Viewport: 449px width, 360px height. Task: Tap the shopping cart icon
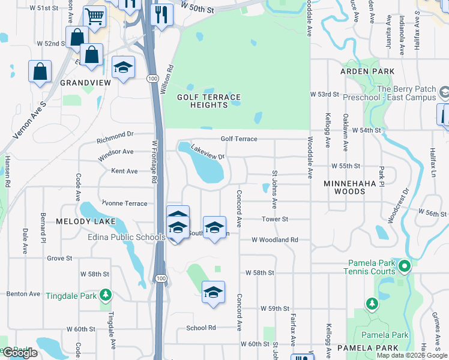[94, 16]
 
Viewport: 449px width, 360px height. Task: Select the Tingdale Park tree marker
[106, 294]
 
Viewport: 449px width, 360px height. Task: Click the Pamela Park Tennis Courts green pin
[405, 265]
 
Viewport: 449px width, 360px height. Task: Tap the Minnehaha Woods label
[353, 187]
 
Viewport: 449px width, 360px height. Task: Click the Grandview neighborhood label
[83, 82]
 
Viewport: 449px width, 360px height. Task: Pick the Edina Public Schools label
[122, 238]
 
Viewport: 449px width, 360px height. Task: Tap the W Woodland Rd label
[275, 240]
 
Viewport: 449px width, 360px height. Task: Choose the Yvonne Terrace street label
[124, 203]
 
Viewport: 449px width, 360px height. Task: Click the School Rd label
[200, 328]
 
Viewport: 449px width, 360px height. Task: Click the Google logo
[20, 353]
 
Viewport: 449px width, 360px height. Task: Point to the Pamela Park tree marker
[372, 304]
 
